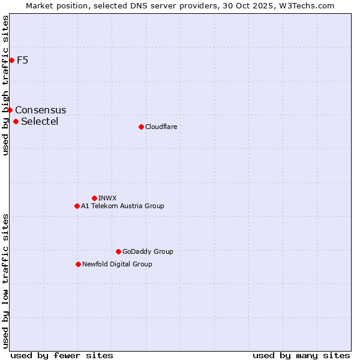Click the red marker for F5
click(x=11, y=60)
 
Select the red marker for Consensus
click(x=10, y=110)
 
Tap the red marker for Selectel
click(x=16, y=121)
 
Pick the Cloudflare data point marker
click(x=141, y=127)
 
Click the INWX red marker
click(x=94, y=198)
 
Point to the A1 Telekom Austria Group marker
click(x=77, y=206)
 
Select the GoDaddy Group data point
click(x=118, y=251)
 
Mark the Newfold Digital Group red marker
click(x=78, y=264)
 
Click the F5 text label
click(x=23, y=60)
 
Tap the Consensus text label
click(x=41, y=110)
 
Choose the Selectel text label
click(x=40, y=121)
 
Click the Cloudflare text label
click(x=161, y=127)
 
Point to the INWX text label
click(x=108, y=198)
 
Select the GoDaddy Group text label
click(x=148, y=251)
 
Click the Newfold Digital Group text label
click(x=117, y=264)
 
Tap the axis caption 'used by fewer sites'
click(x=62, y=355)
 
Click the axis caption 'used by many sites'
click(x=301, y=355)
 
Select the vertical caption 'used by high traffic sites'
click(x=5, y=85)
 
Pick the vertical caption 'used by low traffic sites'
click(x=5, y=281)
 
